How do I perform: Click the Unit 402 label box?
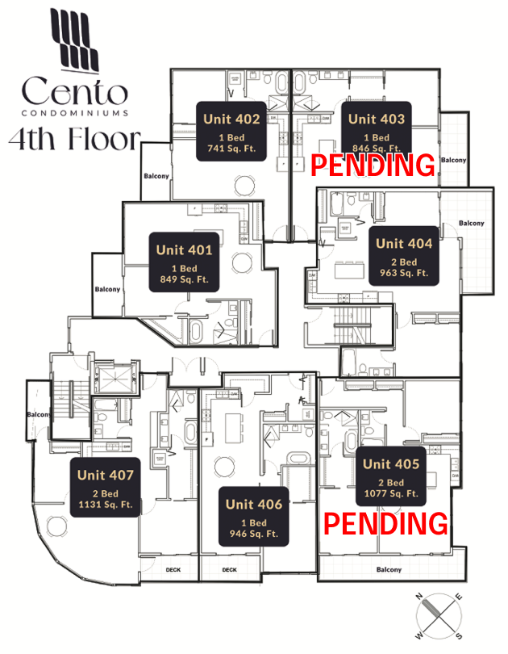(x=231, y=132)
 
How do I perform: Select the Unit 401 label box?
(x=184, y=262)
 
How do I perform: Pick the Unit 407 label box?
(x=106, y=488)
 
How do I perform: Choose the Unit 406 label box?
(x=254, y=518)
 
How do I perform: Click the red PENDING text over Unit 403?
(x=373, y=166)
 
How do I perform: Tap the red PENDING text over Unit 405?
(x=385, y=523)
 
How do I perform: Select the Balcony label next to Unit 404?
(x=472, y=223)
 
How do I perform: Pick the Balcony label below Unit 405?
(x=389, y=570)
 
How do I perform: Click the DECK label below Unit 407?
(x=173, y=569)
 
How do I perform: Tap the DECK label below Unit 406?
(x=230, y=569)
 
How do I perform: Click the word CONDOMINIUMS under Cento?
(x=75, y=112)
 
